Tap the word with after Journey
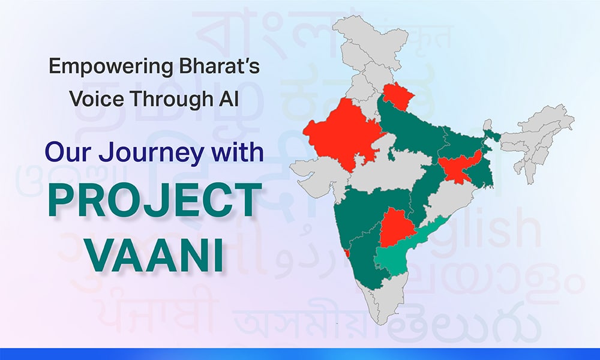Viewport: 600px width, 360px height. tap(234, 152)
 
